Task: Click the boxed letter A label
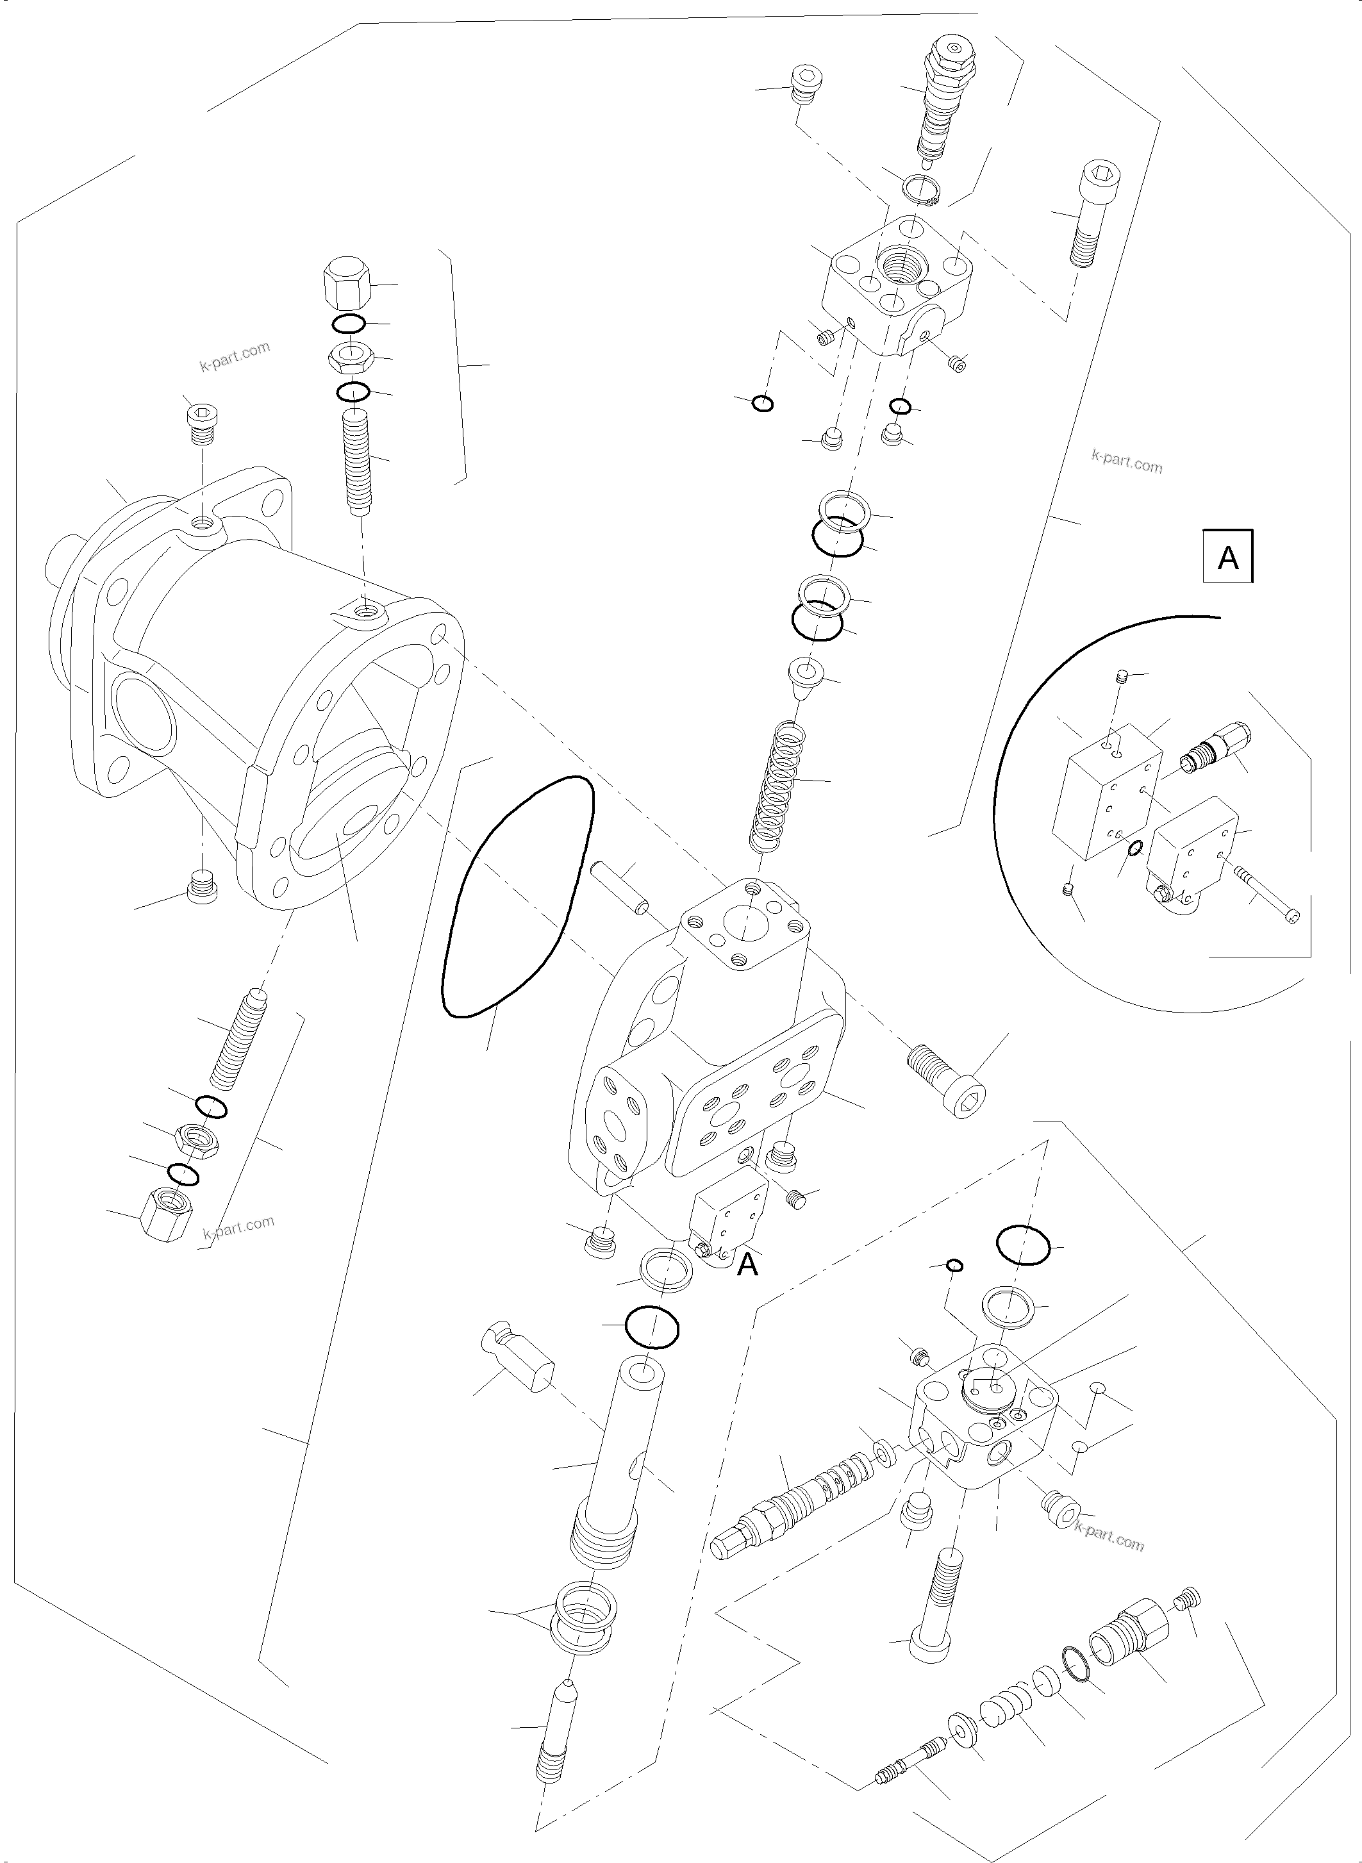[x=1227, y=558]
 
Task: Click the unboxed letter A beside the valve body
[x=747, y=1264]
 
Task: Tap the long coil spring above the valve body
[x=780, y=784]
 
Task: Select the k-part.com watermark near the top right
[x=1126, y=461]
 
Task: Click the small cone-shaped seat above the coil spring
[x=804, y=672]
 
